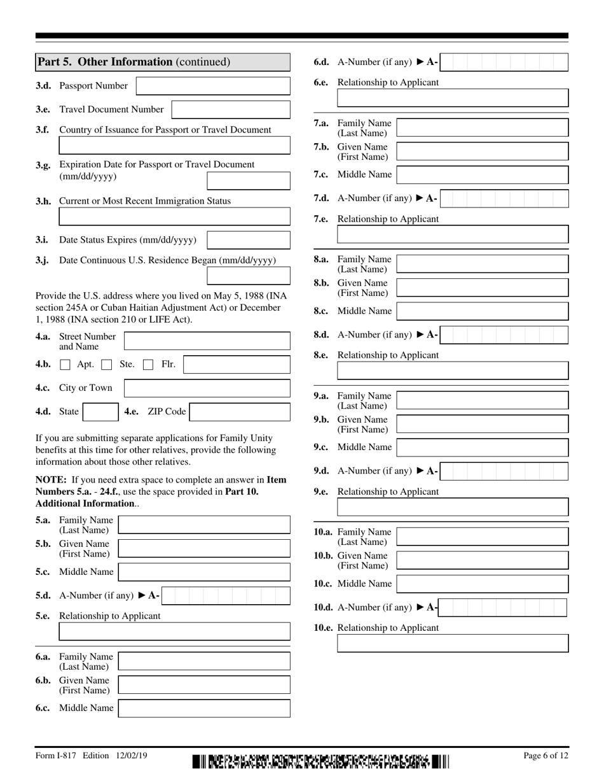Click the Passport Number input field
click(213, 86)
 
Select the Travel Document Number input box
click(231, 109)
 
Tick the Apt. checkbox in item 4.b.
click(65, 365)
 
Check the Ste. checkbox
click(107, 365)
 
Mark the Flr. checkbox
click(148, 365)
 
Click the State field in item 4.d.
click(100, 412)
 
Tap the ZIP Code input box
click(240, 412)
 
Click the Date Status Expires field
click(249, 240)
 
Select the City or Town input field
click(207, 388)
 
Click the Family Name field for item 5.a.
click(204, 525)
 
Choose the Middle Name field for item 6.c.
click(204, 708)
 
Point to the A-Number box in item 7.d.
click(504, 199)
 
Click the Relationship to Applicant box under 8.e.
click(453, 370)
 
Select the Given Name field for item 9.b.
click(482, 424)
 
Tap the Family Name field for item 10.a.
click(482, 536)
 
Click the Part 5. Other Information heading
click(134, 62)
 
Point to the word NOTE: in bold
click(52, 480)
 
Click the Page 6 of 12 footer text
click(546, 756)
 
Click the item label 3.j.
click(43, 260)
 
